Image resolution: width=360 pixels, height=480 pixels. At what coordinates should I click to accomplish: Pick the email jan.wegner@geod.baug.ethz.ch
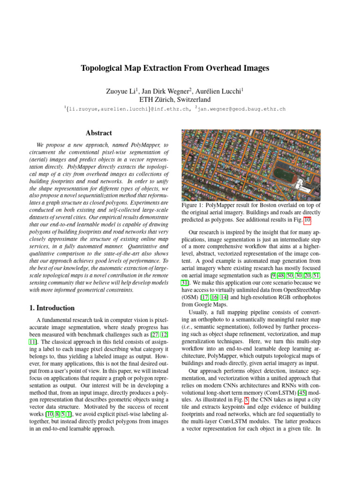click(x=241, y=109)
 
